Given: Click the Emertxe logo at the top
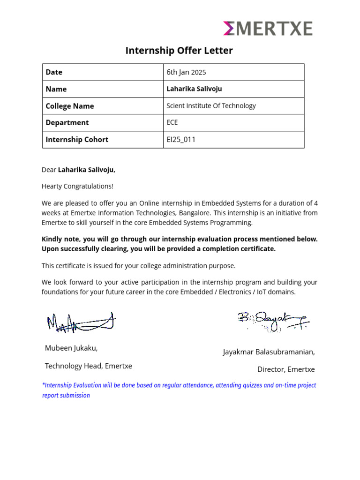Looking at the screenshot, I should pos(268,29).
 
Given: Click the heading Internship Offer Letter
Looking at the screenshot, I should pos(179,51).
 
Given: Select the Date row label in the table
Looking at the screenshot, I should pos(54,72).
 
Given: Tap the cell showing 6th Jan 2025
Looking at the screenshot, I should pos(186,72).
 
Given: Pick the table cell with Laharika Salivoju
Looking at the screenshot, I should pos(194,89).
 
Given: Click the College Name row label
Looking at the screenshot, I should pos(69,106).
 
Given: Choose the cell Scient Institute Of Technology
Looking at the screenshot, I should pos(211,106).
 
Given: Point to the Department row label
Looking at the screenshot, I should pos(67,123).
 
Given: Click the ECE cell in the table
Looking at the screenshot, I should pos(172,123).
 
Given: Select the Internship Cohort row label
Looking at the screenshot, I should pos(77,140).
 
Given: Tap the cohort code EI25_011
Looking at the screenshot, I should pos(181,140).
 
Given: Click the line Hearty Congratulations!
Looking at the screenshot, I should pos(77,186).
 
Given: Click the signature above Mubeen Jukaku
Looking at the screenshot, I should pos(81,322).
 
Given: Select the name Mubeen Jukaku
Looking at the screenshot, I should pos(71,348).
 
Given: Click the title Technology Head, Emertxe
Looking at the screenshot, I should pos(88,366).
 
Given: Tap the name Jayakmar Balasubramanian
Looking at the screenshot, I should pos(269,352).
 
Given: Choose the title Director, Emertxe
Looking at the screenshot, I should pos(286,369).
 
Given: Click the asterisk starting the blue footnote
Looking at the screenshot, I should pos(44,385).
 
